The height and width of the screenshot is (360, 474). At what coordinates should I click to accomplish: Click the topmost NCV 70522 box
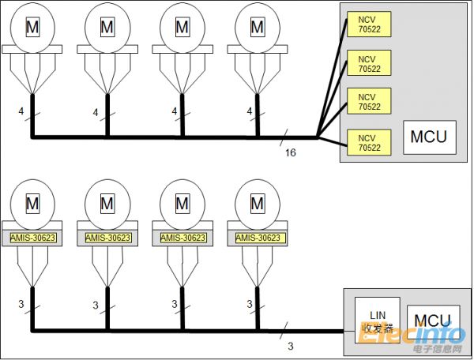pos(367,24)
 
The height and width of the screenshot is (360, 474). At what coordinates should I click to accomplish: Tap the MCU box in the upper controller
pos(428,137)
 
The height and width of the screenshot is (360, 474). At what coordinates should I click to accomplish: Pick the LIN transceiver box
pos(377,318)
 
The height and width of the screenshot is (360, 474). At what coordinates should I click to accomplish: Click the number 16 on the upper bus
pos(290,152)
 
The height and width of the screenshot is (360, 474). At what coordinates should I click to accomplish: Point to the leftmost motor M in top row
pos(32,28)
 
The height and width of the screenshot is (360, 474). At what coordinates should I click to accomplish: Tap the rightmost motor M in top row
pos(257,28)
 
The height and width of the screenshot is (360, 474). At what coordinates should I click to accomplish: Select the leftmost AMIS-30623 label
pos(32,237)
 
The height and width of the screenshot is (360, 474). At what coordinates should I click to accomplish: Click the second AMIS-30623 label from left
pos(107,237)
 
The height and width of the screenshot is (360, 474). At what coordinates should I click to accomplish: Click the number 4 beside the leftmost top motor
pos(21,112)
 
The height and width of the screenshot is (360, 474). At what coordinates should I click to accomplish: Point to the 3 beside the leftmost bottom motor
pos(21,304)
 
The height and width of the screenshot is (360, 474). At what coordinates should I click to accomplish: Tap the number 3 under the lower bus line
pos(290,345)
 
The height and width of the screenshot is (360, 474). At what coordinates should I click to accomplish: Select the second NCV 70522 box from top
pos(367,62)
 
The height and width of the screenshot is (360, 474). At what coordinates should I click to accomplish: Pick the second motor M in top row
pos(107,28)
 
